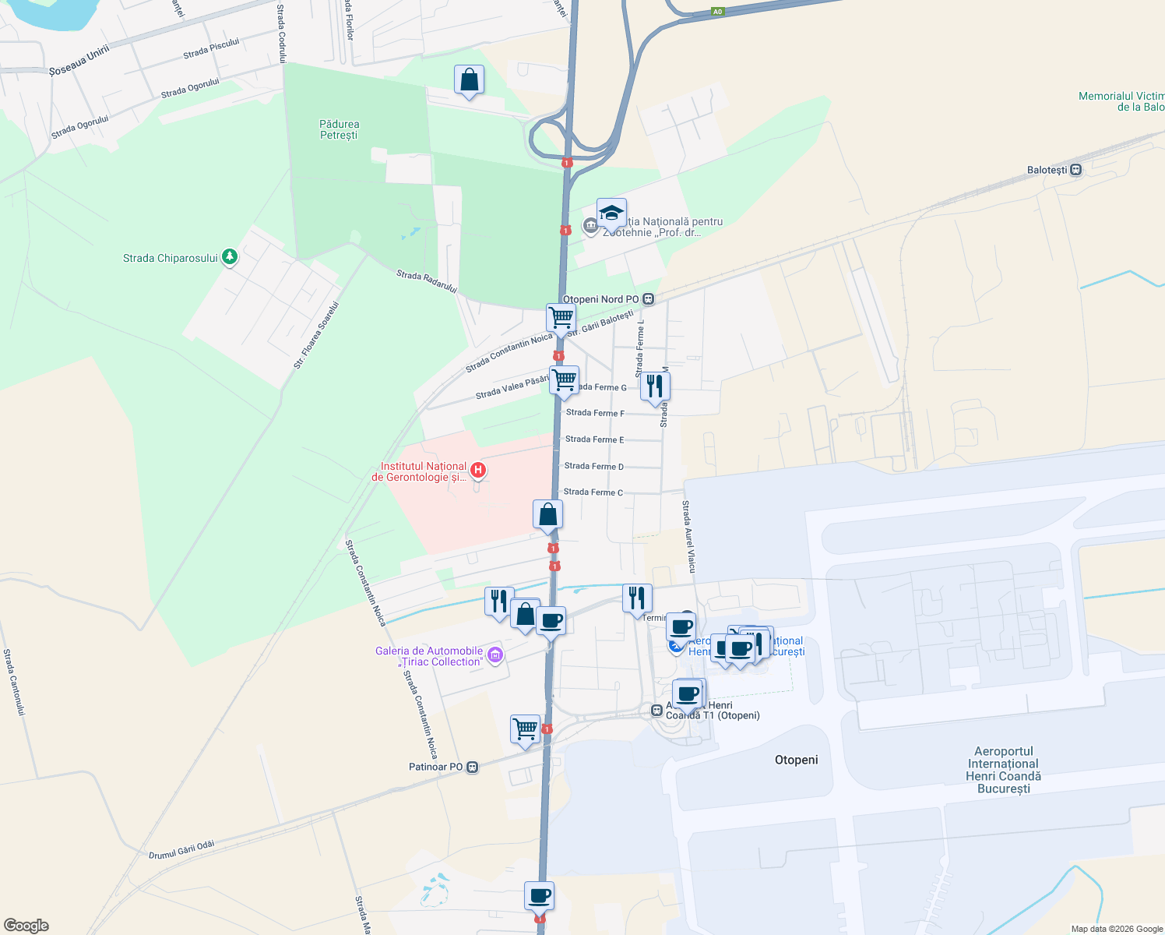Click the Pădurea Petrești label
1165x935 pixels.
click(339, 129)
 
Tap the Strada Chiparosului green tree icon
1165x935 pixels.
click(229, 256)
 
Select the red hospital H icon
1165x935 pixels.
click(479, 470)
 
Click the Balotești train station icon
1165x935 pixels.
click(1076, 170)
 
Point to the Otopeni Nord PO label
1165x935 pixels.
click(600, 299)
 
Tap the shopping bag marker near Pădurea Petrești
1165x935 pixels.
click(469, 80)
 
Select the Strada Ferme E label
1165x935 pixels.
click(594, 439)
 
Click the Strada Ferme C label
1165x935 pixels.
click(593, 492)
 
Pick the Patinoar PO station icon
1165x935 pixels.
click(472, 767)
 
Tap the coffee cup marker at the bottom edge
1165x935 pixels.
click(539, 896)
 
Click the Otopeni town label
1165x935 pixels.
click(796, 760)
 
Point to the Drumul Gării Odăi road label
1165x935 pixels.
click(181, 850)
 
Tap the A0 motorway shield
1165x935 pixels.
click(717, 12)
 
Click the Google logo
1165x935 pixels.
click(26, 925)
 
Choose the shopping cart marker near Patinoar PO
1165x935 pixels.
click(526, 730)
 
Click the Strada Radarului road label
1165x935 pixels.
click(426, 280)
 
